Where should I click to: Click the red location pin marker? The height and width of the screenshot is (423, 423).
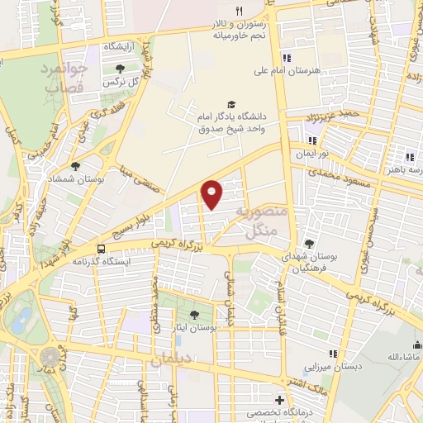click(x=212, y=194)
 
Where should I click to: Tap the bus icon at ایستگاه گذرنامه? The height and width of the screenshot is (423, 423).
click(x=101, y=248)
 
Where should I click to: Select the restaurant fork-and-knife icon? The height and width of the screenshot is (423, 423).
click(x=240, y=11)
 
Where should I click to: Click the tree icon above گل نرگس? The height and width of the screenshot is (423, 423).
click(x=121, y=69)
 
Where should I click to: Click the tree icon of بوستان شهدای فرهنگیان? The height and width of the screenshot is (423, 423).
click(x=309, y=243)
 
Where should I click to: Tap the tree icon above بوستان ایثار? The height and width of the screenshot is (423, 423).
click(x=194, y=314)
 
